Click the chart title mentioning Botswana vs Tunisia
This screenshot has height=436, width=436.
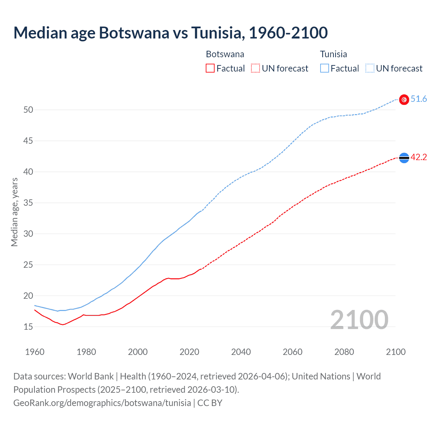[170, 33]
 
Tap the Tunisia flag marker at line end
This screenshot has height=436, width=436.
[404, 99]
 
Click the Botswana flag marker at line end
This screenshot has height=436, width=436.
[404, 158]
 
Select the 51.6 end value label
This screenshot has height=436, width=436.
[419, 99]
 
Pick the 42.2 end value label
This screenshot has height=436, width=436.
[419, 157]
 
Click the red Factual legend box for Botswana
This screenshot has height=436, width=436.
[210, 68]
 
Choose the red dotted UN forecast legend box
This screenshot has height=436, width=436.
[255, 68]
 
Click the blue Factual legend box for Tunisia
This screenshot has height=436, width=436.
[325, 68]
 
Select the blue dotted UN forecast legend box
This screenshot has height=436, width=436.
[370, 68]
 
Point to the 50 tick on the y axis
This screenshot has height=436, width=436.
[28, 110]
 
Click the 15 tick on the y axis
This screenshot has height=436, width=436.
[28, 327]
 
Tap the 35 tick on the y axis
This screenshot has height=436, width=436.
[28, 203]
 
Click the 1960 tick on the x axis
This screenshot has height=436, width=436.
[35, 352]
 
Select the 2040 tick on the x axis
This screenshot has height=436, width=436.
[241, 352]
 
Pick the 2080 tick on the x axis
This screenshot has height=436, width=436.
[344, 352]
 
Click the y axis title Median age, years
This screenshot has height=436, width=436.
[14, 212]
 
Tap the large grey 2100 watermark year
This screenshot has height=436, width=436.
[359, 320]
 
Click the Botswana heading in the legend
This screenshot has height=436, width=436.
[225, 54]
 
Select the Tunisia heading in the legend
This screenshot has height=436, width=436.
[333, 54]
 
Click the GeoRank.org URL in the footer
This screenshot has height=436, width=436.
[102, 403]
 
